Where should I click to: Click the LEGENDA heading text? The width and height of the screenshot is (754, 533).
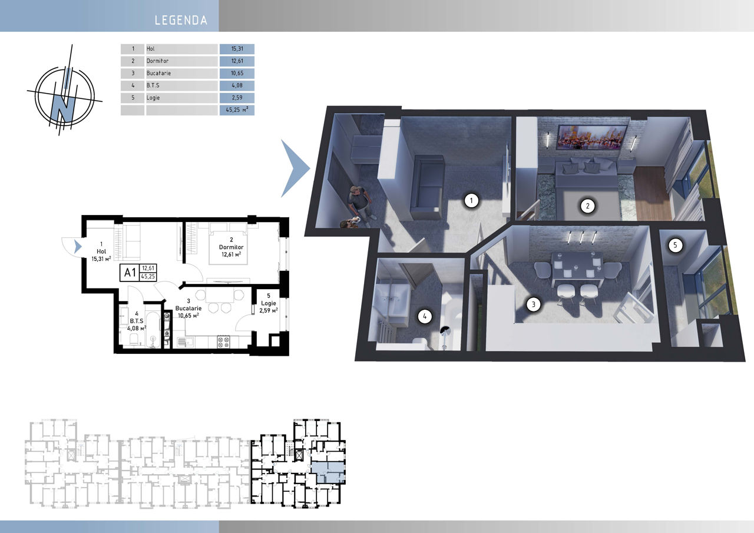(x=181, y=20)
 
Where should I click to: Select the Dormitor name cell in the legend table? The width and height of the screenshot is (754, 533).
(x=181, y=61)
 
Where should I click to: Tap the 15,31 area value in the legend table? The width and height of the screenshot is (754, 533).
(x=237, y=49)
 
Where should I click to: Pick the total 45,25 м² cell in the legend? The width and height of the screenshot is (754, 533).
(x=237, y=110)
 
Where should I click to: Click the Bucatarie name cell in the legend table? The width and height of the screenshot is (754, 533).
(x=181, y=74)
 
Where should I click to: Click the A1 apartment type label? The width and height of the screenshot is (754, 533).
(x=130, y=273)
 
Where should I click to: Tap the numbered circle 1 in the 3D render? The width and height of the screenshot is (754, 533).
(x=471, y=201)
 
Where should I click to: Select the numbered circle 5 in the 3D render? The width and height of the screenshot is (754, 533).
(x=675, y=246)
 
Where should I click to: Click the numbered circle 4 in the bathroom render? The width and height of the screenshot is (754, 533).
(x=425, y=316)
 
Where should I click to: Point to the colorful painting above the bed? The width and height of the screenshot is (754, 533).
(x=593, y=137)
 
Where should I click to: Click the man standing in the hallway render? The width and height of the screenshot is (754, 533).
(x=360, y=204)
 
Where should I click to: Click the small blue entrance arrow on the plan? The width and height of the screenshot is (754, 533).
(x=78, y=247)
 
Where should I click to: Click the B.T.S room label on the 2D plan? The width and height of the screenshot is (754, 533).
(x=136, y=321)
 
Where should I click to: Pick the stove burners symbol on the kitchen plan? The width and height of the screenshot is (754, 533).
(x=223, y=342)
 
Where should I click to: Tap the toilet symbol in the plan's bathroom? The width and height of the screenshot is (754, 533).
(x=134, y=339)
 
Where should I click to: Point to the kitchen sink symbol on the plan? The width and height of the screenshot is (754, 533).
(x=185, y=343)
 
